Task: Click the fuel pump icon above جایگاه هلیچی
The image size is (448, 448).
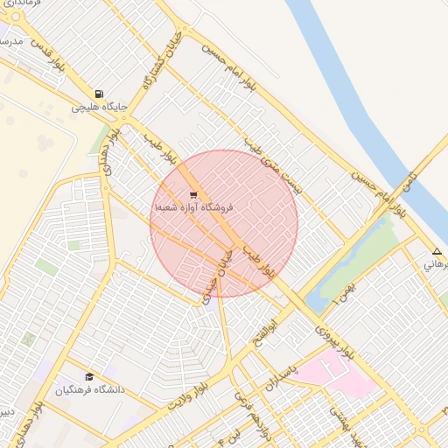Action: tap(99, 94)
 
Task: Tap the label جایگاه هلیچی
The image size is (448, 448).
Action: tap(99, 108)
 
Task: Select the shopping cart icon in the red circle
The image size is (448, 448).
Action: tap(192, 195)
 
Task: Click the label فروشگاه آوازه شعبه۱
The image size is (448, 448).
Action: tap(193, 208)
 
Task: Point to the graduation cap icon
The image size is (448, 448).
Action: tap(89, 376)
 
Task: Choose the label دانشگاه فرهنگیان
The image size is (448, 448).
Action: tap(90, 389)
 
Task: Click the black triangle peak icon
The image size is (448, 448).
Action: tap(437, 251)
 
